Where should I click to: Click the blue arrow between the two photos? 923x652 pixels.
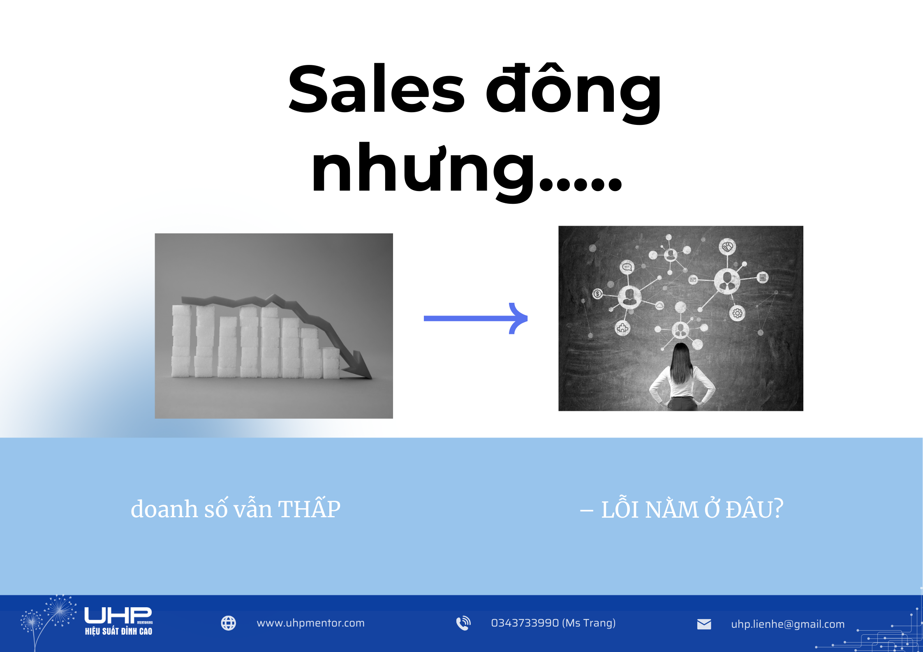[475, 318]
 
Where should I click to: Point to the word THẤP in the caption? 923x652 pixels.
[309, 509]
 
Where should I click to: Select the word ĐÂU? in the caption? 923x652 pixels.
[754, 509]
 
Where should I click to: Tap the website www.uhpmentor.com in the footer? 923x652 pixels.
[310, 623]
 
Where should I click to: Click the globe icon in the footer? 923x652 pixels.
[229, 623]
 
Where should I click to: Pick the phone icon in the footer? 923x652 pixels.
[463, 623]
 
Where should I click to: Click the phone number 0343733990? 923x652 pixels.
[525, 623]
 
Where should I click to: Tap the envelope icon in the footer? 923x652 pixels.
[704, 624]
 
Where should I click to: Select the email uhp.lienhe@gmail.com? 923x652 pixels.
[788, 624]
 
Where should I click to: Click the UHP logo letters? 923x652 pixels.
[118, 615]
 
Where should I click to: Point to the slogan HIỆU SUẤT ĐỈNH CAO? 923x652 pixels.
[118, 631]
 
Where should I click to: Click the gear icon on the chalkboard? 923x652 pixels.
[737, 313]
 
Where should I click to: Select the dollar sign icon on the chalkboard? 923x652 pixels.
[598, 293]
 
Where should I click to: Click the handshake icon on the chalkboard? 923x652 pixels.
[727, 247]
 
